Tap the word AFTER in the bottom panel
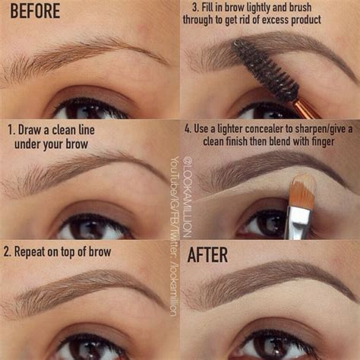pos(207,254)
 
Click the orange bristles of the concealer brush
pos(302,191)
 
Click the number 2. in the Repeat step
pos(11,251)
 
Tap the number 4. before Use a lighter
pos(188,128)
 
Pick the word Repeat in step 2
pos(38,251)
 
